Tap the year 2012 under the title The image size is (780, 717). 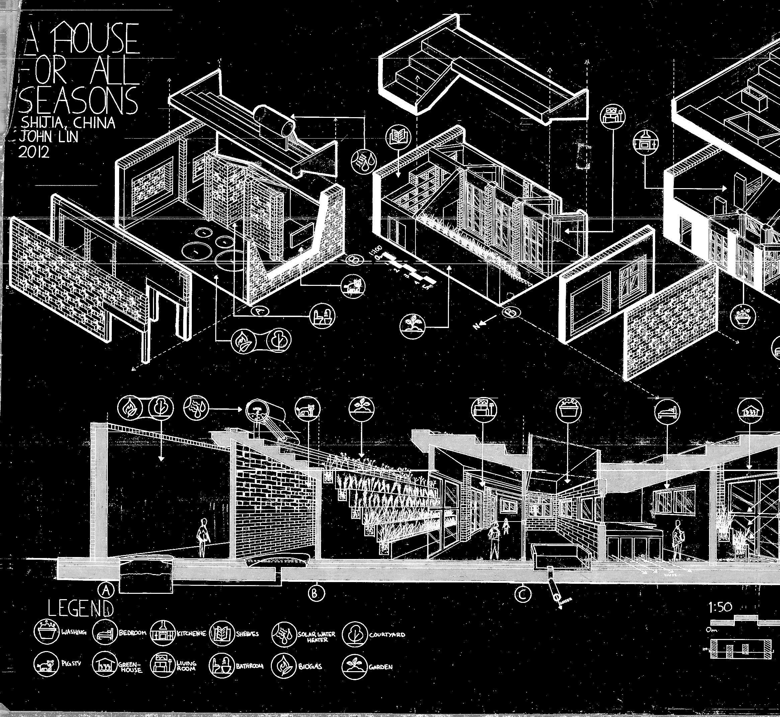(x=34, y=152)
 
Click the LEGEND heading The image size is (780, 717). (x=81, y=608)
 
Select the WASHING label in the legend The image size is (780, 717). (x=74, y=632)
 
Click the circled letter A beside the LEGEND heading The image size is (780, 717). (x=106, y=590)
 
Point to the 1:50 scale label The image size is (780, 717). (x=720, y=607)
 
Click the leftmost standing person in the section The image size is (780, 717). (x=203, y=537)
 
